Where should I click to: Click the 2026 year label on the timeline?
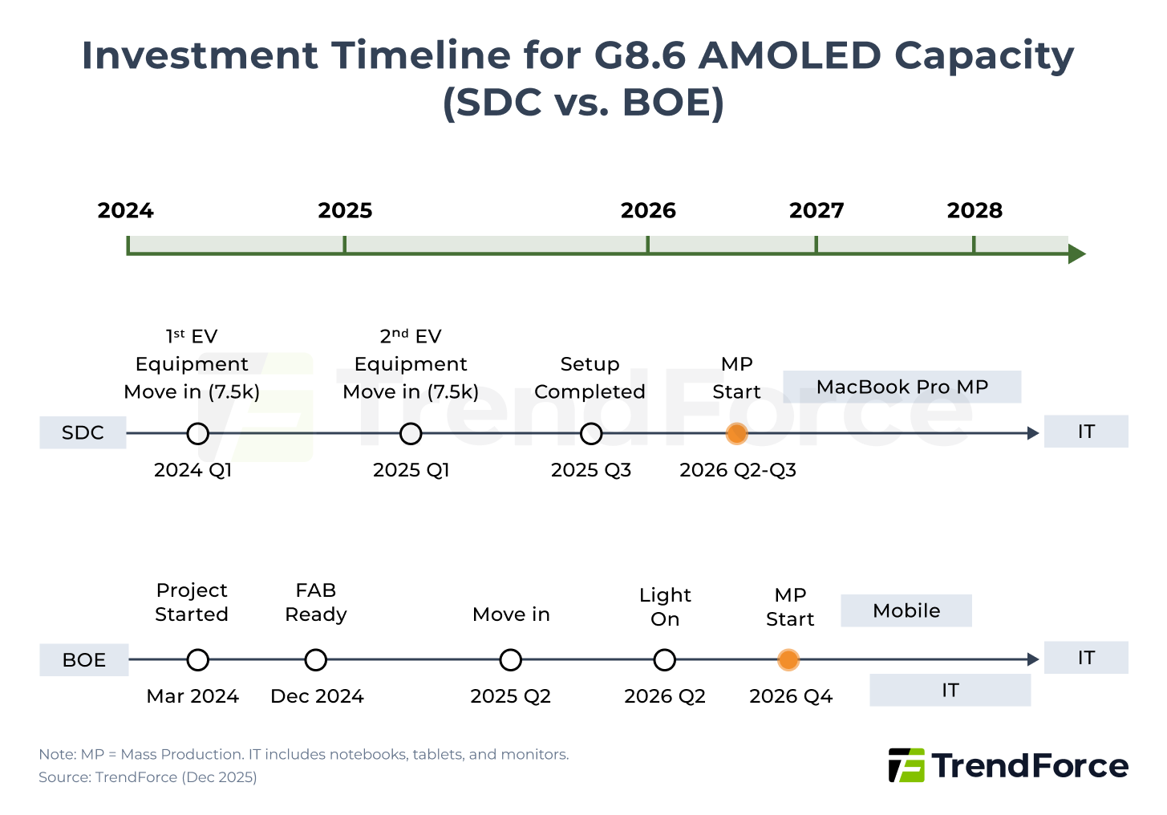[648, 210]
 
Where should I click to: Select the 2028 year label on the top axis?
[975, 210]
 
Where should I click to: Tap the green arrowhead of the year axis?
[1076, 254]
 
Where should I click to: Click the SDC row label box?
[83, 432]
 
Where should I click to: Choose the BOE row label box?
[84, 659]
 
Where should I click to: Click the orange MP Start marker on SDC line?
[736, 434]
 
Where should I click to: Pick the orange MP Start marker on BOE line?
[788, 660]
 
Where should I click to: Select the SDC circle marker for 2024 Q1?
[197, 434]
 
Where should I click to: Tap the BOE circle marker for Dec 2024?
[316, 660]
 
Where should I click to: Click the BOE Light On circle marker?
[664, 660]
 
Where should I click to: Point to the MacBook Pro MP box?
[902, 387]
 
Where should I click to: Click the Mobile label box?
[906, 610]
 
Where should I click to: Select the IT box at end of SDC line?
[1086, 432]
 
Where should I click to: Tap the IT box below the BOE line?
[950, 690]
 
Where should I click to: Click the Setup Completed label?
[590, 378]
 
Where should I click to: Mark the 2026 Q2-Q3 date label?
[737, 470]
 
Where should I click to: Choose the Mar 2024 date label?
[192, 696]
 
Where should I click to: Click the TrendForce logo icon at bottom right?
[906, 765]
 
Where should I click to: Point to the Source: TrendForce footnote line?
[148, 776]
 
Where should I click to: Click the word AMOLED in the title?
[790, 55]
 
